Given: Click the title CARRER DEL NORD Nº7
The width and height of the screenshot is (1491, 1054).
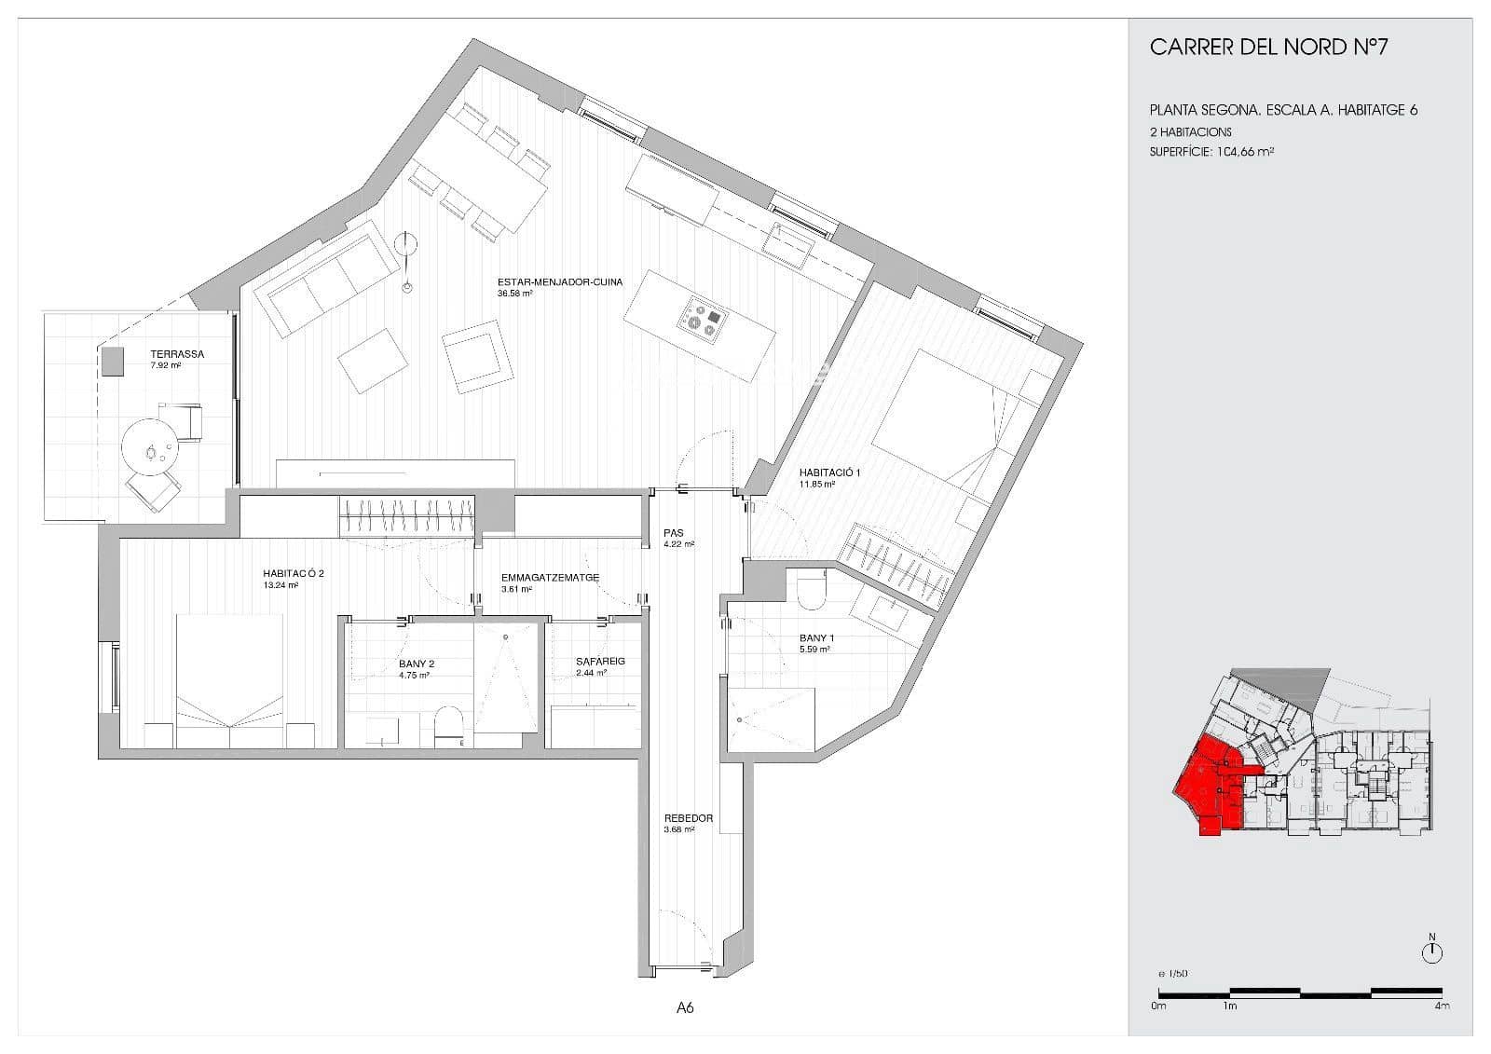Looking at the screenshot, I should (x=1268, y=48).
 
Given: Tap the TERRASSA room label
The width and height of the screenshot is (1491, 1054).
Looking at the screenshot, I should (x=177, y=354).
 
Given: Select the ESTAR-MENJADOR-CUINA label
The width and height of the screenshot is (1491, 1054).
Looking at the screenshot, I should (x=560, y=281).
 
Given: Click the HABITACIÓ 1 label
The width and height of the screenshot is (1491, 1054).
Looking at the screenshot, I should (x=829, y=472).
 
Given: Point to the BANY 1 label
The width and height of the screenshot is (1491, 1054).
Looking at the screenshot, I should (x=816, y=638).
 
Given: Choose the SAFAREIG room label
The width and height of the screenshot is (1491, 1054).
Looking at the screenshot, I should (x=600, y=661).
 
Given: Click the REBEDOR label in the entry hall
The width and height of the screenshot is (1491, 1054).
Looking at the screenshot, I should (x=688, y=818).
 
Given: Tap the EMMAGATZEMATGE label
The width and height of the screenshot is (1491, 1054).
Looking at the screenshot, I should (x=549, y=578).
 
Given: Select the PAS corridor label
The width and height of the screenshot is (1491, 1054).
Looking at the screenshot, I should (x=674, y=533).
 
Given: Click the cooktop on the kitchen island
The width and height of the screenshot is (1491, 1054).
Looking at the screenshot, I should (x=701, y=320).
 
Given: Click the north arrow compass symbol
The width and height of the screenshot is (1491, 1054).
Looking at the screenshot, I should (x=1432, y=951).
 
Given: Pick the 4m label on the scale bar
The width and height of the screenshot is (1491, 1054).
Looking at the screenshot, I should (x=1441, y=1006).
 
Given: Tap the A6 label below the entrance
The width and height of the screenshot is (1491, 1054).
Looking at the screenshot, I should (x=685, y=1007).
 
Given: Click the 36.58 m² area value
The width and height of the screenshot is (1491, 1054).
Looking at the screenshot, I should (x=514, y=294).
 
